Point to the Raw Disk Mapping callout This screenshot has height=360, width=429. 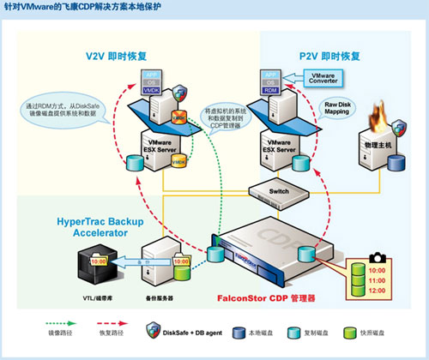point(335,110)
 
